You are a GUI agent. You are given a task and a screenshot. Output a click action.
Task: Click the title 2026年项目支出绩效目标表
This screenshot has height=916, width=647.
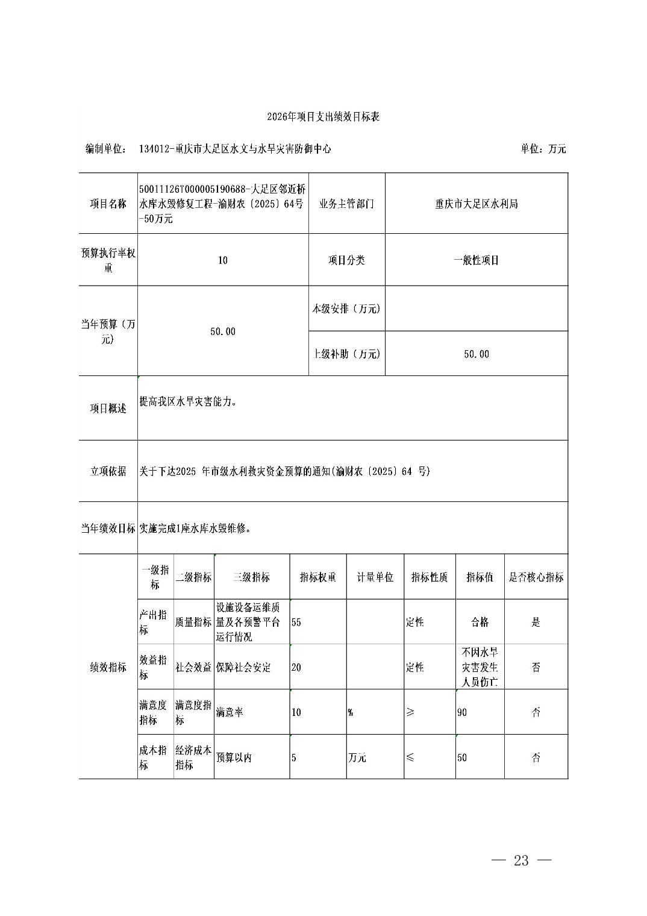[x=323, y=117]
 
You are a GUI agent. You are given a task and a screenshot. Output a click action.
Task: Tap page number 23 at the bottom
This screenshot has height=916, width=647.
[x=521, y=861]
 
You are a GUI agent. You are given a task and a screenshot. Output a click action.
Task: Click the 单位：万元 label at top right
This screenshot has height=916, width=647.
[x=543, y=149]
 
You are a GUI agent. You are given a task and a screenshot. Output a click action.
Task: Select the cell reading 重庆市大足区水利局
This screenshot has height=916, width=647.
[x=476, y=204]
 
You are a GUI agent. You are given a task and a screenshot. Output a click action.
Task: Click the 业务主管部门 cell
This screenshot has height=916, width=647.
[x=346, y=204]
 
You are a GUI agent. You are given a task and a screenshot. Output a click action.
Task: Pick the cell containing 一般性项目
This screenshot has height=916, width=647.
[x=476, y=260]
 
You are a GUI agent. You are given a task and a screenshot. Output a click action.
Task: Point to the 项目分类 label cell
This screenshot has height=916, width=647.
[x=346, y=260]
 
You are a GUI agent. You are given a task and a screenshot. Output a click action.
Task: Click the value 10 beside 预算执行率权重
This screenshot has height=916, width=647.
[x=223, y=260]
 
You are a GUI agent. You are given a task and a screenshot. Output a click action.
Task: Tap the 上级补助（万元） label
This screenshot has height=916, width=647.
[x=346, y=354]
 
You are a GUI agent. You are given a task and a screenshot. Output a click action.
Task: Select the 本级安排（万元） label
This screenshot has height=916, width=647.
[x=346, y=309]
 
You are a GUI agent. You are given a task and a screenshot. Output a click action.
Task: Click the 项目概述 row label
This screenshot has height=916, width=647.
[x=108, y=409]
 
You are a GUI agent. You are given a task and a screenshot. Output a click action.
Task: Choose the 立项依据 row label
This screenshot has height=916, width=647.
[x=108, y=471]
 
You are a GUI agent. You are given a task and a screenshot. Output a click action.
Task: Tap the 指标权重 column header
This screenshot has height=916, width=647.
[x=318, y=577]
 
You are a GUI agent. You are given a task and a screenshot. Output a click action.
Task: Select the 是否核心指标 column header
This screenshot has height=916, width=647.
[x=536, y=577]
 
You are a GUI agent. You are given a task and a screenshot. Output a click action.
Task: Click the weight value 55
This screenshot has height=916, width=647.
[x=296, y=622]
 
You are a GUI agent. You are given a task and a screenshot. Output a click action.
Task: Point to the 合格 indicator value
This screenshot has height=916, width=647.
[x=480, y=622]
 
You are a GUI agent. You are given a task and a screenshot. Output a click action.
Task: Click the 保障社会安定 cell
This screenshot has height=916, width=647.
[x=243, y=668]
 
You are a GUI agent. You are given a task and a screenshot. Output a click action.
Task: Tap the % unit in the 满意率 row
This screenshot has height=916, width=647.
[x=350, y=712]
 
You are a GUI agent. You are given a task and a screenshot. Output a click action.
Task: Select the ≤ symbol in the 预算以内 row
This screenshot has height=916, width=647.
[x=410, y=758]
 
